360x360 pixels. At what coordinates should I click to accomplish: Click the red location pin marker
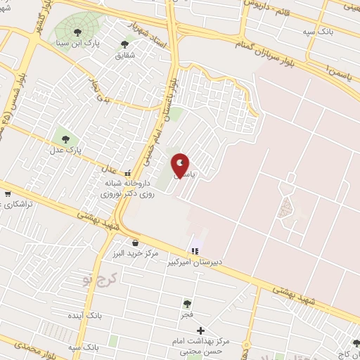pyautogui.click(x=181, y=165)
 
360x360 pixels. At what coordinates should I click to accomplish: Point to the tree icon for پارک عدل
pyautogui.click(x=66, y=139)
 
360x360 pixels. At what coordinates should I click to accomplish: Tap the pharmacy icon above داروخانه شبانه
pyautogui.click(x=128, y=173)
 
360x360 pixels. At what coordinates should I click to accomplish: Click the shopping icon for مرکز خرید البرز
pyautogui.click(x=134, y=243)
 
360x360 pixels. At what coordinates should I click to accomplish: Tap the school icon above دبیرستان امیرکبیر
pyautogui.click(x=195, y=251)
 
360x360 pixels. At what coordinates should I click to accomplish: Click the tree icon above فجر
pyautogui.click(x=187, y=304)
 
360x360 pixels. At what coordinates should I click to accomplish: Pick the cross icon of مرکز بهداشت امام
pyautogui.click(x=201, y=330)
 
